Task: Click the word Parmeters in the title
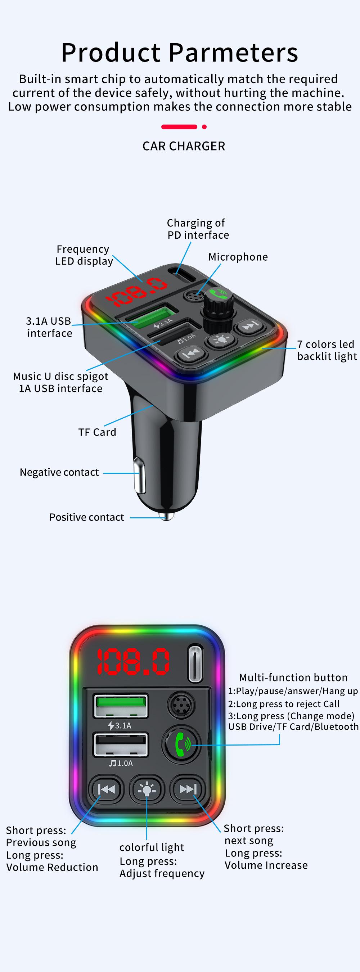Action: (233, 53)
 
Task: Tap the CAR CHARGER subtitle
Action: (183, 146)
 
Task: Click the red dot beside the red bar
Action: (204, 127)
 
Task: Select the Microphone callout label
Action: (238, 257)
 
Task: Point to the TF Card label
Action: (97, 432)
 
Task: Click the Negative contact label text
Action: (59, 472)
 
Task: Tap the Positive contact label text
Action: (86, 517)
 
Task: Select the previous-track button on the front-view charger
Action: (107, 789)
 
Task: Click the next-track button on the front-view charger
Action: (188, 789)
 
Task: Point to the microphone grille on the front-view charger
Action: (181, 705)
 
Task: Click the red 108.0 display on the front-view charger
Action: (132, 662)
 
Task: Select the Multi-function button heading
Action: (293, 677)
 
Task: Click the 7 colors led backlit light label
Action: (327, 350)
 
